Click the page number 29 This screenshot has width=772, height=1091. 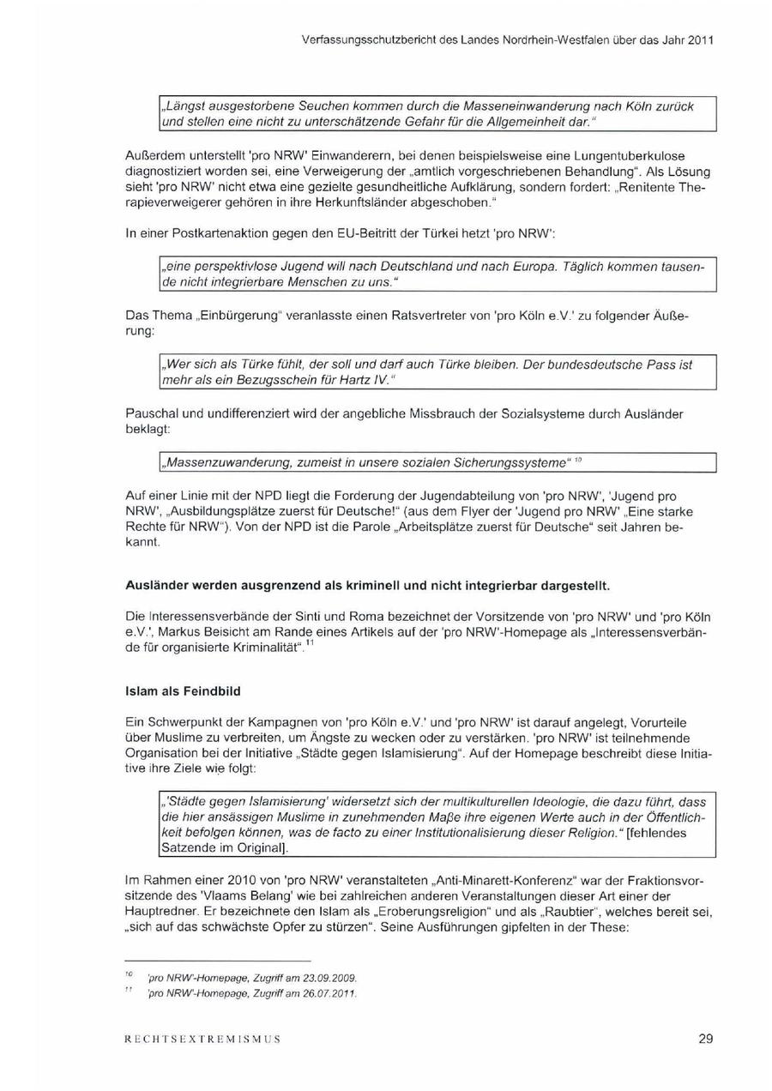coord(705,1039)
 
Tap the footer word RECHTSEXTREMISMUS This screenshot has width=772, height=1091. coord(202,1040)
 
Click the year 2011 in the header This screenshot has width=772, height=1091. coord(699,39)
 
